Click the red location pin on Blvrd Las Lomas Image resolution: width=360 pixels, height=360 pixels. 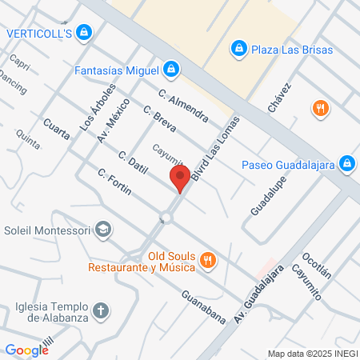point(180,178)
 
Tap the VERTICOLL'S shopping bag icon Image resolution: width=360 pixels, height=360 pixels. point(86,33)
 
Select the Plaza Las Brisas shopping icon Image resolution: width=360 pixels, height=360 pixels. point(238,50)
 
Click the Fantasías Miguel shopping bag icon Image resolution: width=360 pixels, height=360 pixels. point(170,70)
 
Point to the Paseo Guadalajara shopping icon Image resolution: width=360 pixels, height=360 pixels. point(346,165)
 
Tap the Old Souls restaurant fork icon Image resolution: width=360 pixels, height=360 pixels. point(207,258)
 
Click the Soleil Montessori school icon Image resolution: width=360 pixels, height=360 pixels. point(102,230)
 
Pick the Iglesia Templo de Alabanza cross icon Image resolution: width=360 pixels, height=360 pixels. point(102,310)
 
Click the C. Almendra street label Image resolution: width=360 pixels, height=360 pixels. point(183,104)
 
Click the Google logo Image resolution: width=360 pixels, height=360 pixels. point(26,350)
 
